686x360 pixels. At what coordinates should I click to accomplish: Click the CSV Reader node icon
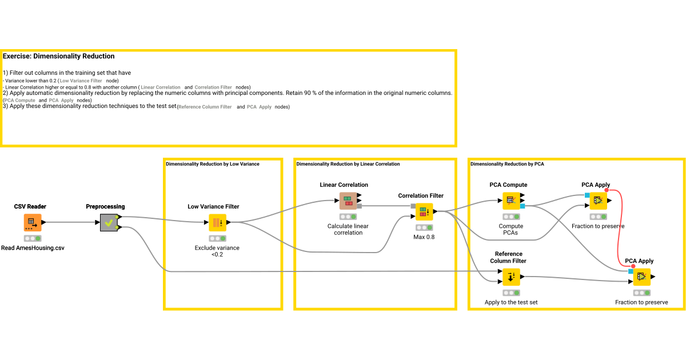33,223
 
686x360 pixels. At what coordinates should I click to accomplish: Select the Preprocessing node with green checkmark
109,223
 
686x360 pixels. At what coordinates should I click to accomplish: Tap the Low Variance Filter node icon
217,223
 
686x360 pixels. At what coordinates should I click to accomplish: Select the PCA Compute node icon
511,201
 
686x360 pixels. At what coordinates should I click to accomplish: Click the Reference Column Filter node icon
511,277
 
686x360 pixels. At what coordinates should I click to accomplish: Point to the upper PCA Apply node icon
599,201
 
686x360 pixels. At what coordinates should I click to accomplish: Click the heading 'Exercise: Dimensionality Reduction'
58,57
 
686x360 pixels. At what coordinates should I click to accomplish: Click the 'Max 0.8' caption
424,237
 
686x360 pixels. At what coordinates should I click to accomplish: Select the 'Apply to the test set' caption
511,302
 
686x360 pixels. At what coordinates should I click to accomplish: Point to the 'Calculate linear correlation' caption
348,229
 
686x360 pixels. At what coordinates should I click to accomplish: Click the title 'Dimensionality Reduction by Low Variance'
212,164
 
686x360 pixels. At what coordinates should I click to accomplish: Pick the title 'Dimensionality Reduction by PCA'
507,164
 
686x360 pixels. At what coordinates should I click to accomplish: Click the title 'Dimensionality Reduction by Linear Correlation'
348,164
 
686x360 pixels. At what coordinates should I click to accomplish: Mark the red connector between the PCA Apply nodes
620,229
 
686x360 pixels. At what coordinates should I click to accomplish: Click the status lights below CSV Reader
33,238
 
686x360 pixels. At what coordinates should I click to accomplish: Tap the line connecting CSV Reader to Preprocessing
71,222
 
